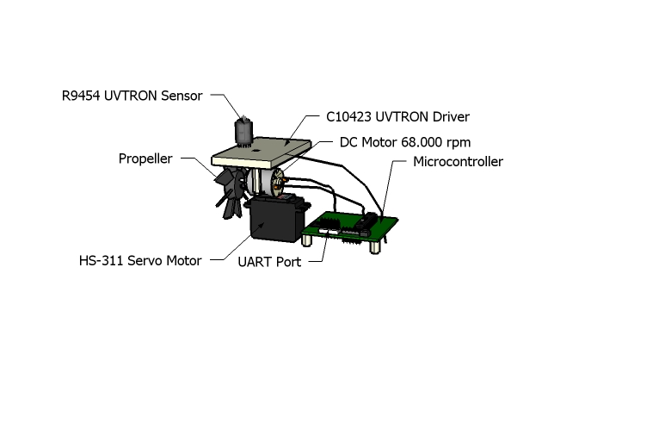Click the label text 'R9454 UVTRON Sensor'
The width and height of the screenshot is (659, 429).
coord(132,96)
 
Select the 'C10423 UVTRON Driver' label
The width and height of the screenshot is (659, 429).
coord(397,116)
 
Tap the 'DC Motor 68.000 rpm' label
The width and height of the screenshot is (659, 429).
coord(404,141)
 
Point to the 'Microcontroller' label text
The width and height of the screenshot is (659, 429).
coord(458,162)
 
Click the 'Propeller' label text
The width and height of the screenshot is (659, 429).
coord(145,159)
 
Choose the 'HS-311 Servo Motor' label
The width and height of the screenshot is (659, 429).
coord(140,260)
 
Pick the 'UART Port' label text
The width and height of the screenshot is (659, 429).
coord(269,262)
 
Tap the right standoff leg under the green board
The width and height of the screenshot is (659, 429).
coord(377,246)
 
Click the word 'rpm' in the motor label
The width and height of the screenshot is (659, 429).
coord(456,141)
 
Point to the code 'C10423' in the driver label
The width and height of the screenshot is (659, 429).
coord(351,116)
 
